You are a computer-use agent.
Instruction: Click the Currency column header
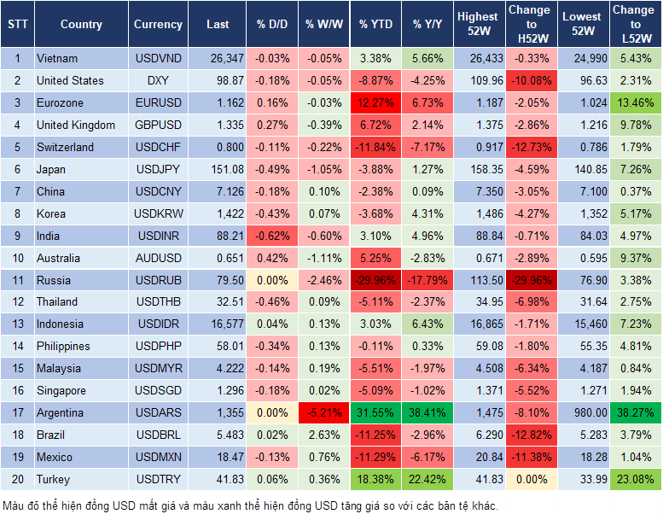coord(158,25)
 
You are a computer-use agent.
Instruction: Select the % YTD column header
coord(375,25)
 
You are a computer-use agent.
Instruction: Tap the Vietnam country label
coord(57,59)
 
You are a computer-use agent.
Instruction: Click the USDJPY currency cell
coord(158,169)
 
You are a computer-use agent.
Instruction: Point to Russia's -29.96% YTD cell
coord(375,280)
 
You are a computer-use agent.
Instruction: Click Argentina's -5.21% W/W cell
coord(323,412)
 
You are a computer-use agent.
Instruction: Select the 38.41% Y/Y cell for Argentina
coord(428,412)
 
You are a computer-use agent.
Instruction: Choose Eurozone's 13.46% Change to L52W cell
coord(636,103)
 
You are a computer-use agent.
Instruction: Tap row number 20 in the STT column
coord(17,479)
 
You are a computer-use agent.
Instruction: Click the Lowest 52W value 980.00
coord(584,412)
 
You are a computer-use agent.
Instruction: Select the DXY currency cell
coord(158,81)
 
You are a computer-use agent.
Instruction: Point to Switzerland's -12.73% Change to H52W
coord(531,147)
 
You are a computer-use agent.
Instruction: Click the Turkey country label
coord(53,479)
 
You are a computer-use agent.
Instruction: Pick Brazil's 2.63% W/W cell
coord(323,435)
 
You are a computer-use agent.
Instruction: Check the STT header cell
coord(17,25)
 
